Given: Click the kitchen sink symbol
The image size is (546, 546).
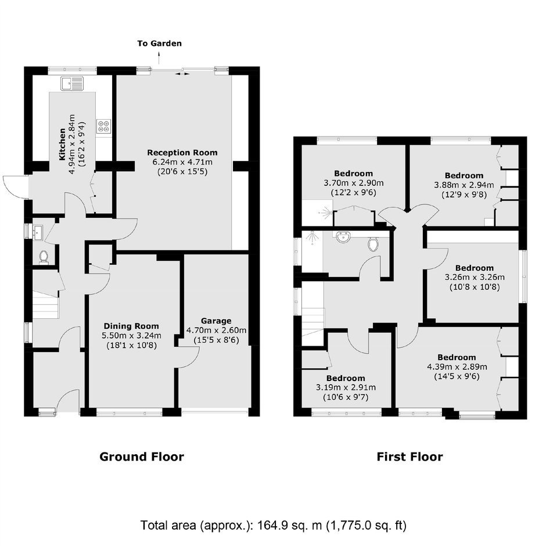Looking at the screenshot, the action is (73, 83).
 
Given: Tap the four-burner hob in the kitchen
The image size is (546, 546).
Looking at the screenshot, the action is (104, 127).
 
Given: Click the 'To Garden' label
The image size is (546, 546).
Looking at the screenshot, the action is (160, 44).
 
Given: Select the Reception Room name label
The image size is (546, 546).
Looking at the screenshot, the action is (182, 153).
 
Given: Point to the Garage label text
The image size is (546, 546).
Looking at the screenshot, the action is (216, 321).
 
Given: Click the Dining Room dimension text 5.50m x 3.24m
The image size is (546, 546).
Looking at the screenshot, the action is (131, 336).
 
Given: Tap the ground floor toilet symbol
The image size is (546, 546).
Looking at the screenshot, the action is (44, 258).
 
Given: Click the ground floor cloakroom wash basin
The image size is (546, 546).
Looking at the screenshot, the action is (37, 232).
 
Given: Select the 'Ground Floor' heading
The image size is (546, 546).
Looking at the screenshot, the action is (142, 457).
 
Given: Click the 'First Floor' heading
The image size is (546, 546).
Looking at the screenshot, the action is (410, 457).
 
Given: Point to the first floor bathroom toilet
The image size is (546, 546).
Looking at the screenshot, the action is (373, 243).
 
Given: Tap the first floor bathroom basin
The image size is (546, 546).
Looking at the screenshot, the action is (343, 238).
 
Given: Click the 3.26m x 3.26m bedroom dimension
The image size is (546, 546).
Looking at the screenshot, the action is (475, 278).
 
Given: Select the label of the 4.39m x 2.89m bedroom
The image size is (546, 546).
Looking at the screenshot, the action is (457, 357).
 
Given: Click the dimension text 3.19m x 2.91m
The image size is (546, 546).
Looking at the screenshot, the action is (346, 387).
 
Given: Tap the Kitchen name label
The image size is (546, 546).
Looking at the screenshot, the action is (62, 144).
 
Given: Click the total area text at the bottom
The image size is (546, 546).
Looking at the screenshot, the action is (274, 525).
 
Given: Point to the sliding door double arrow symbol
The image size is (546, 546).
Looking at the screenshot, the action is (182, 74).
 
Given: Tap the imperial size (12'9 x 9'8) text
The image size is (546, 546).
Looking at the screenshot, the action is (464, 195).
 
